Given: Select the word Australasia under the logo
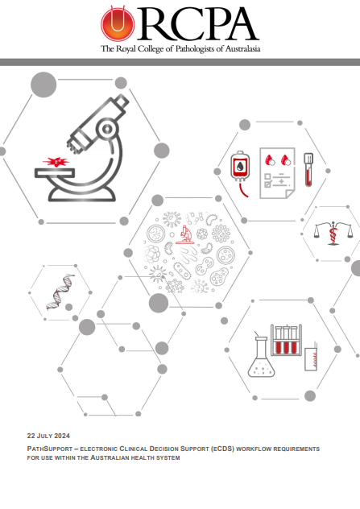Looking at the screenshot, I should point(239,49).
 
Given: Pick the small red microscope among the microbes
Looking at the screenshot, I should point(185,235).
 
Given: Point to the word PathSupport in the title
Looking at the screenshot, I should point(47,448).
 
